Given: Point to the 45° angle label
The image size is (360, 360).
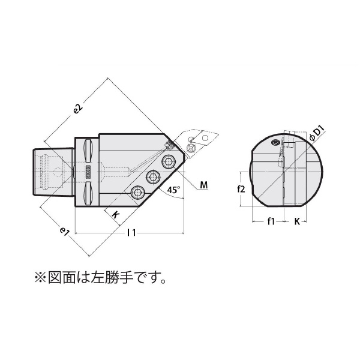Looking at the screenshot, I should [x=173, y=191].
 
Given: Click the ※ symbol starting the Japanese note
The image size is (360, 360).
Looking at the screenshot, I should [x=40, y=278].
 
